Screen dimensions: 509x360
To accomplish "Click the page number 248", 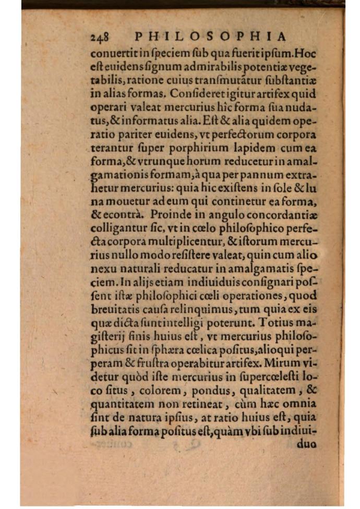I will (x=99, y=37).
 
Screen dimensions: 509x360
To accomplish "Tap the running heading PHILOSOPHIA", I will (x=211, y=37).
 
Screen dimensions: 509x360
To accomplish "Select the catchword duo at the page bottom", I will (x=307, y=445).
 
